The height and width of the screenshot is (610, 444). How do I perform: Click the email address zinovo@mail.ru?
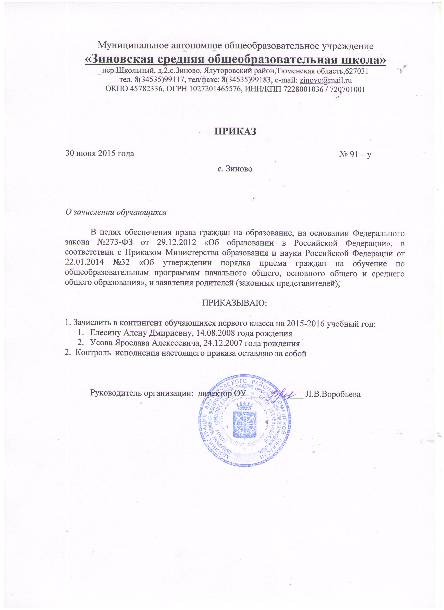coord(325,80)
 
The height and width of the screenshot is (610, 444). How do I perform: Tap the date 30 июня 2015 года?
coord(100,154)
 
